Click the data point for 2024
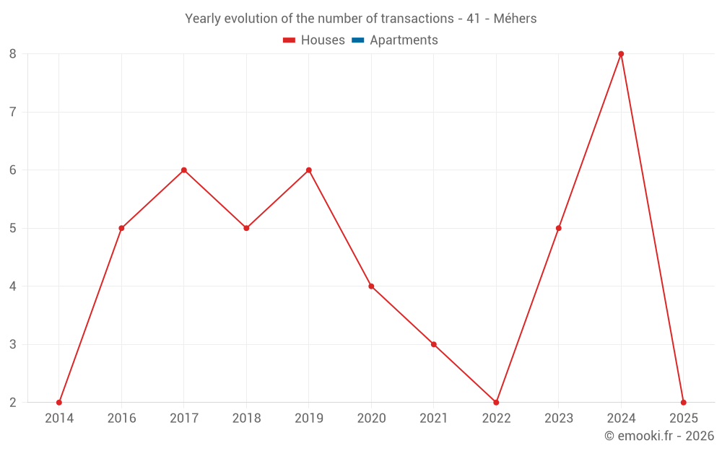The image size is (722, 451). [621, 54]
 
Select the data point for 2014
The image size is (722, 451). [59, 403]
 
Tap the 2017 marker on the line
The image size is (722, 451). [184, 170]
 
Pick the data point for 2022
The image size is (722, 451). [496, 403]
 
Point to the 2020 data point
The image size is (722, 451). [371, 286]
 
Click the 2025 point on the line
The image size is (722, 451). [683, 403]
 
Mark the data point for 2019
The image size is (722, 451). [309, 170]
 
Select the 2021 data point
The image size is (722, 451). [434, 344]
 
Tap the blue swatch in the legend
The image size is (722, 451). [357, 40]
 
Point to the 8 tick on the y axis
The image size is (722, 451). [13, 54]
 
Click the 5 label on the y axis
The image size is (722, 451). [13, 228]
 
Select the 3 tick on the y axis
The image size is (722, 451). [13, 344]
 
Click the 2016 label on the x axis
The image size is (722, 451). [121, 419]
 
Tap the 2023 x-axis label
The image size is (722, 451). [559, 419]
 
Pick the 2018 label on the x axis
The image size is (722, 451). [246, 419]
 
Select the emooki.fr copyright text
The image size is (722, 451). [659, 436]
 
